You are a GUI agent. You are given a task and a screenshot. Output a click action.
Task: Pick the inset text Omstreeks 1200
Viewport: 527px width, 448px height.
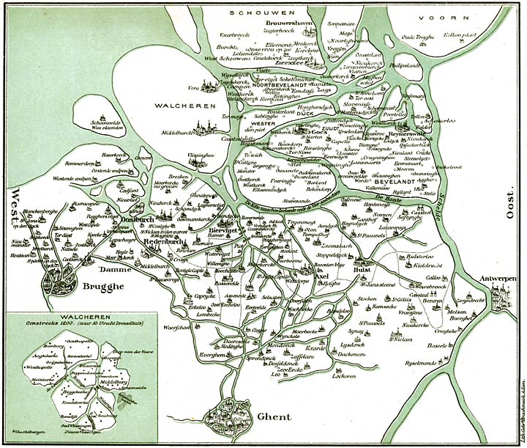tap(45, 327)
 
